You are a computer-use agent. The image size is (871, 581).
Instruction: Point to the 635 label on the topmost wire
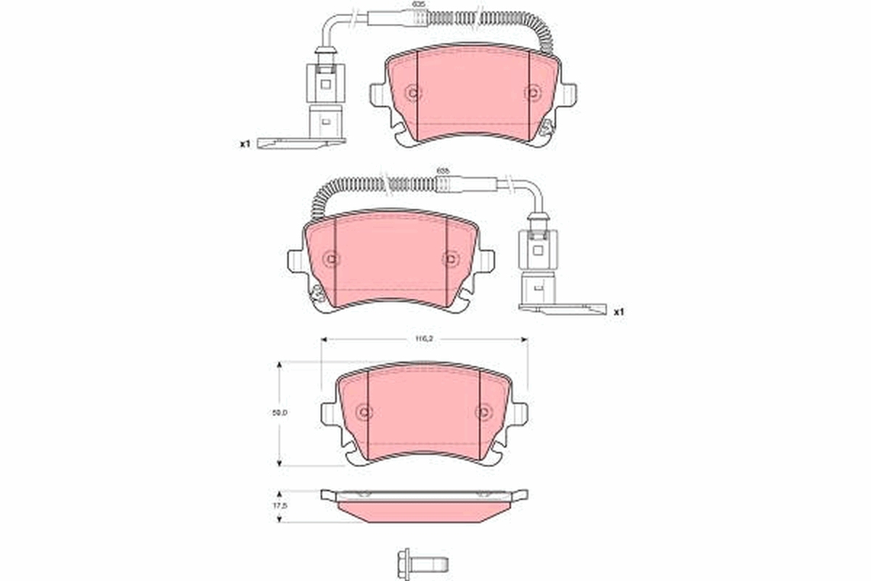(x=418, y=4)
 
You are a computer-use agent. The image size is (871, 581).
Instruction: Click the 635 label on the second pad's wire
(x=442, y=171)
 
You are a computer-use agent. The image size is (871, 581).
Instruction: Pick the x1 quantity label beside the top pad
(x=245, y=144)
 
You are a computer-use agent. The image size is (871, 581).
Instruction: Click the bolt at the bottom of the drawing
(x=422, y=563)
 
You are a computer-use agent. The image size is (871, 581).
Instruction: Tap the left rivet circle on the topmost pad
(x=413, y=93)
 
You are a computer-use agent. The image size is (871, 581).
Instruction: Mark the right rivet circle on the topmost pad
(x=533, y=93)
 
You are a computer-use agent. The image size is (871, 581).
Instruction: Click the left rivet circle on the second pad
(x=331, y=259)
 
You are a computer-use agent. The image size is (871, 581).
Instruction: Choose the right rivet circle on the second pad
(x=451, y=259)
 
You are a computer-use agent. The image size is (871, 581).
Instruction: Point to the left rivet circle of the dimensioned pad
(x=364, y=413)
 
